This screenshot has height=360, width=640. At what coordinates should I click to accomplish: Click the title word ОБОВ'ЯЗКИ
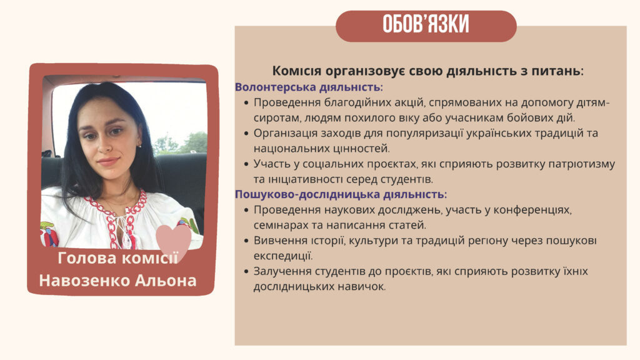[x=426, y=24]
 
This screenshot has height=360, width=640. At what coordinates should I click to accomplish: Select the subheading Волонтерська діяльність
[x=308, y=87]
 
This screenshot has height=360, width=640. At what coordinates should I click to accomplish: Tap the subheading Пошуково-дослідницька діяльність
[x=340, y=194]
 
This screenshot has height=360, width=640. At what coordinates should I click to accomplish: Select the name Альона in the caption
[x=166, y=281]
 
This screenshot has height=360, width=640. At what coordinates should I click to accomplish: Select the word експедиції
[x=283, y=256]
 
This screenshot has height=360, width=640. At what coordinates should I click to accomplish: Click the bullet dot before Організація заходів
[x=246, y=134]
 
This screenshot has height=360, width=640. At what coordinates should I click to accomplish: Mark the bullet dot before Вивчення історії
[x=246, y=241]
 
